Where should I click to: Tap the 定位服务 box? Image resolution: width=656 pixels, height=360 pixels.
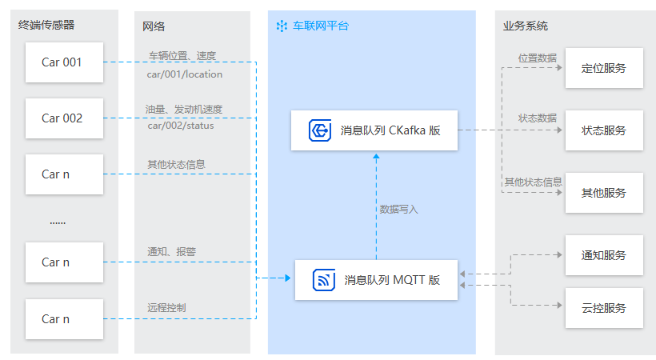point(604,68)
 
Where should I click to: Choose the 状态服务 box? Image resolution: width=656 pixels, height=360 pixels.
point(604,130)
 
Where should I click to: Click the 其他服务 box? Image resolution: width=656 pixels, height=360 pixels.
point(604,193)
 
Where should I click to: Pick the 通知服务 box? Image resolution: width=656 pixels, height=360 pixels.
point(604,255)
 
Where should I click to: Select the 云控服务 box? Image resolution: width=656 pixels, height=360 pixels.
point(604,308)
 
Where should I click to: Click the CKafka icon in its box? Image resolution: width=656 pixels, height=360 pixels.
point(321,130)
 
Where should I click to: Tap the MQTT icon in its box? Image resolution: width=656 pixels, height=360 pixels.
point(324,280)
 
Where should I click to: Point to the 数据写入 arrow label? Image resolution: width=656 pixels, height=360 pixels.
point(398,210)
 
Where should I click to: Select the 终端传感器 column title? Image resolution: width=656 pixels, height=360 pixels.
point(46,26)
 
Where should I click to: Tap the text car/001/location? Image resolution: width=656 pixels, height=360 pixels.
point(185,74)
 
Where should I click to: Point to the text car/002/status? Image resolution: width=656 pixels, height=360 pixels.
point(181,126)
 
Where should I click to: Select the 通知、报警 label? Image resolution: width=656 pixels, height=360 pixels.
point(171,251)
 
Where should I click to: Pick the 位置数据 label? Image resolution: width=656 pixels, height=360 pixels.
point(537,58)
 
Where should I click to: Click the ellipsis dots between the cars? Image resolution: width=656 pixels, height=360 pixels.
point(58,222)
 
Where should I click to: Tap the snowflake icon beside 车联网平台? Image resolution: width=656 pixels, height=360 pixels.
point(282,26)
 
